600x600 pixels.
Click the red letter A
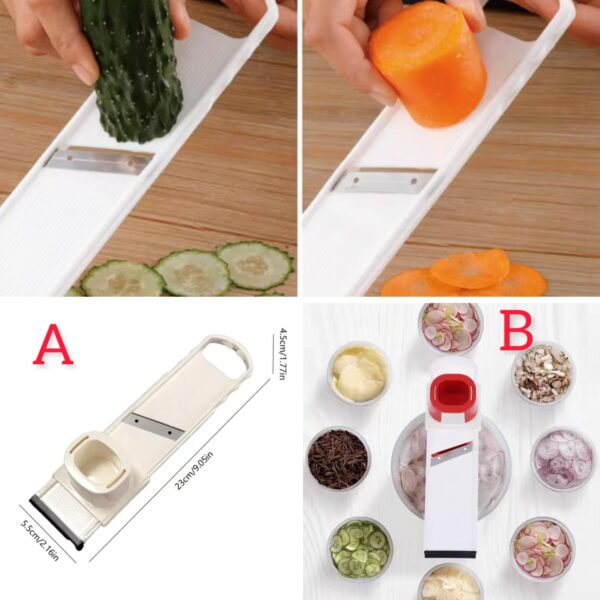pos(53,345)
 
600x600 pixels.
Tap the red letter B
pos(516,331)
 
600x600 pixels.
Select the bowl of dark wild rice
pos(337,458)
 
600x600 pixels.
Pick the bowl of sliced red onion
pos(562,458)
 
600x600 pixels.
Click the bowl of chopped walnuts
pos(543,373)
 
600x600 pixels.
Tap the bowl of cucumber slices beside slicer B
pos(360,547)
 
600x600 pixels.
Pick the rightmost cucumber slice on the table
pos(255,265)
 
